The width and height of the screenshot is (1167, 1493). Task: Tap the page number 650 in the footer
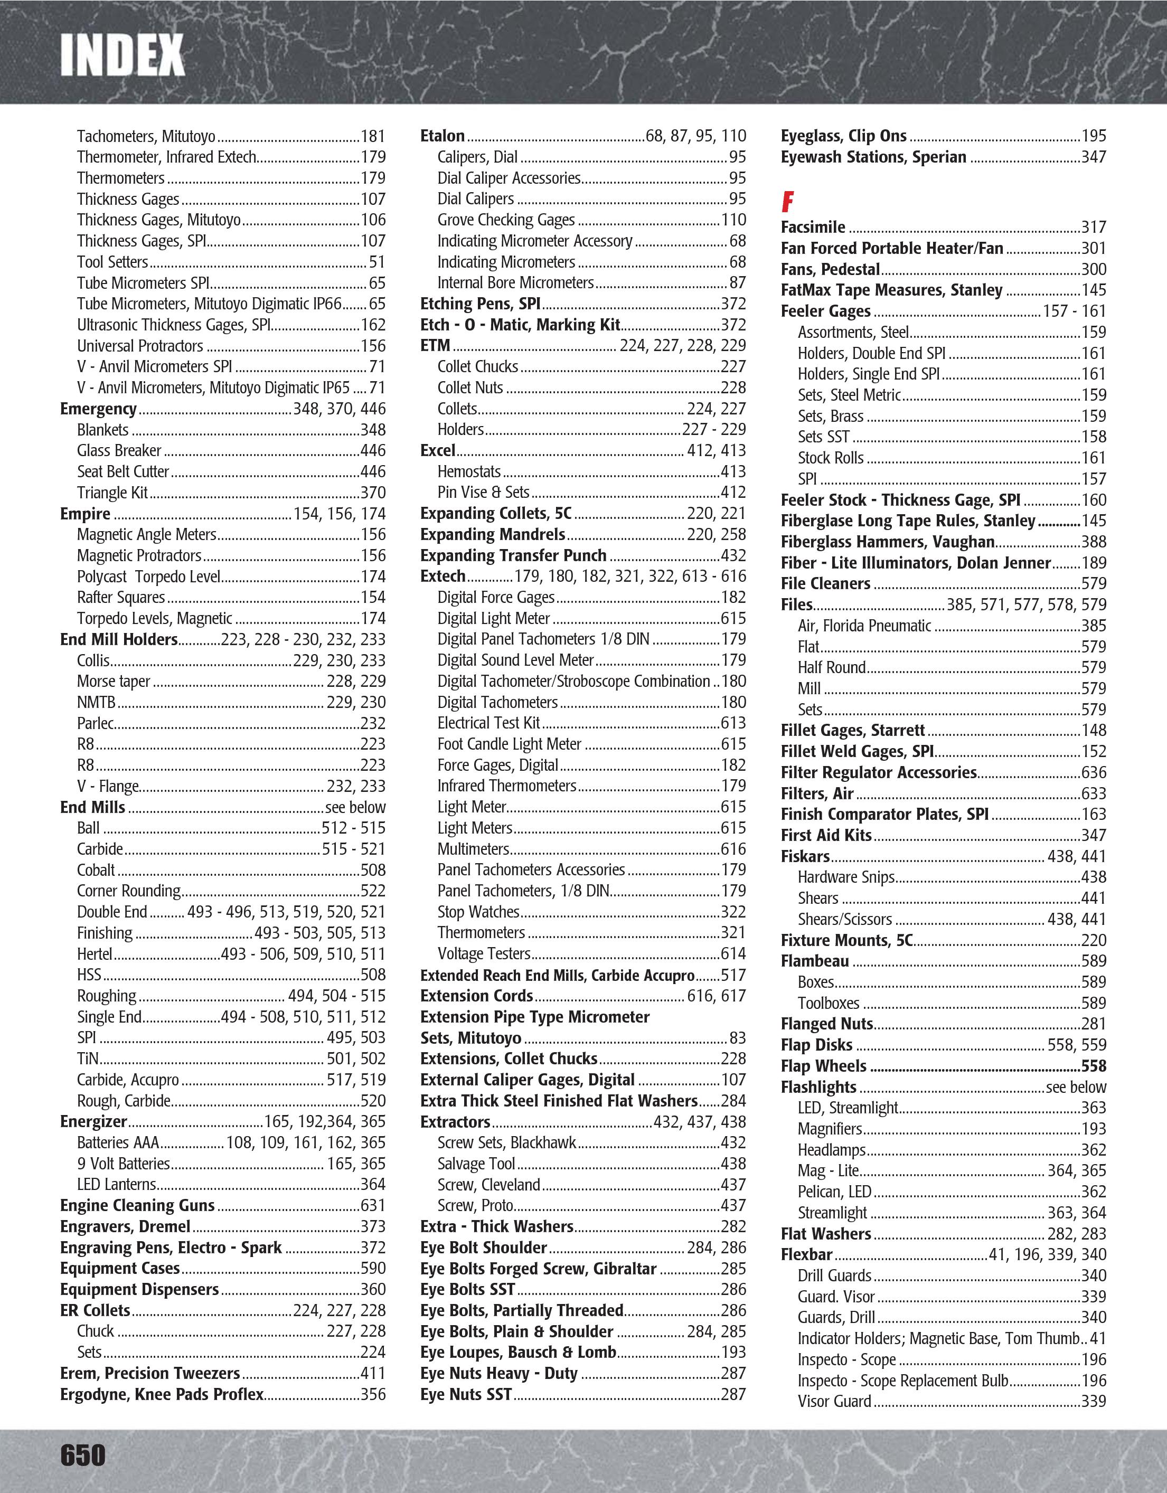coord(83,1454)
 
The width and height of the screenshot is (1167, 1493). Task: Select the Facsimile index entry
coord(813,228)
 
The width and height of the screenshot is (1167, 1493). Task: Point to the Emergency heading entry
coord(98,409)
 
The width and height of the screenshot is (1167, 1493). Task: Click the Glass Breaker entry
coord(119,450)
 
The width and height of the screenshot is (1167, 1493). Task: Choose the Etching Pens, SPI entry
coord(480,304)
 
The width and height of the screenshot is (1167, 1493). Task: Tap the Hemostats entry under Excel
coord(469,471)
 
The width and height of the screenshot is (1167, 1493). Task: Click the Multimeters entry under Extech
coord(473,849)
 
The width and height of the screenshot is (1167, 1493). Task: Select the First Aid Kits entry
coord(826,835)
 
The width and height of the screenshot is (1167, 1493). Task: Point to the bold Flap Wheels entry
coord(823,1066)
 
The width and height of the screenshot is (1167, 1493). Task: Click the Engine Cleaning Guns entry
coord(137,1205)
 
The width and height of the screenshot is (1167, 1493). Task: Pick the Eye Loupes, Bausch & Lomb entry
coord(517,1352)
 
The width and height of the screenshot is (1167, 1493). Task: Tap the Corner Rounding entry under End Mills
coord(128,891)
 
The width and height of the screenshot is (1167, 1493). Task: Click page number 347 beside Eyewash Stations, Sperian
coord(1093,157)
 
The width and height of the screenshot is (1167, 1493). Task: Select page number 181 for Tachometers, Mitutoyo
coord(373,136)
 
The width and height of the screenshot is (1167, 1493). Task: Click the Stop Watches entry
coord(478,912)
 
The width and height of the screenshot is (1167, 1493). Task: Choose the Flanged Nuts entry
coord(826,1024)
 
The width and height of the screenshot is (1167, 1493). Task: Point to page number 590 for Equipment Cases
coord(373,1268)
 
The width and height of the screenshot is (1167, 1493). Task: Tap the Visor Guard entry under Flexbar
coord(834,1401)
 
